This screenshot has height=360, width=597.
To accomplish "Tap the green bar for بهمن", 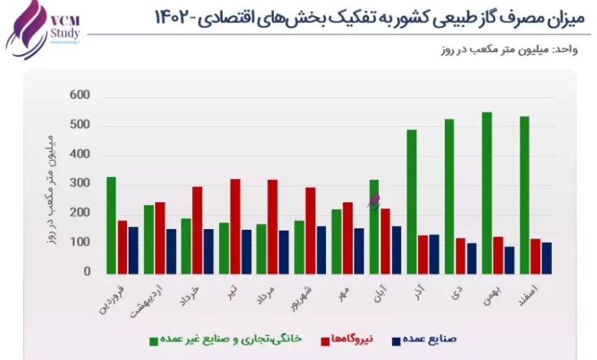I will coord(487,192).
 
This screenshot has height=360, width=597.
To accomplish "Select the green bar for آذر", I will coord(412,201).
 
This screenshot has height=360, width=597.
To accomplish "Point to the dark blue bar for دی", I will coord(471,258).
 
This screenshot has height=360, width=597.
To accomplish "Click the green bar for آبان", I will coord(374,226).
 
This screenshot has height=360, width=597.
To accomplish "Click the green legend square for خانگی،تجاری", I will coord(154,339).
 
